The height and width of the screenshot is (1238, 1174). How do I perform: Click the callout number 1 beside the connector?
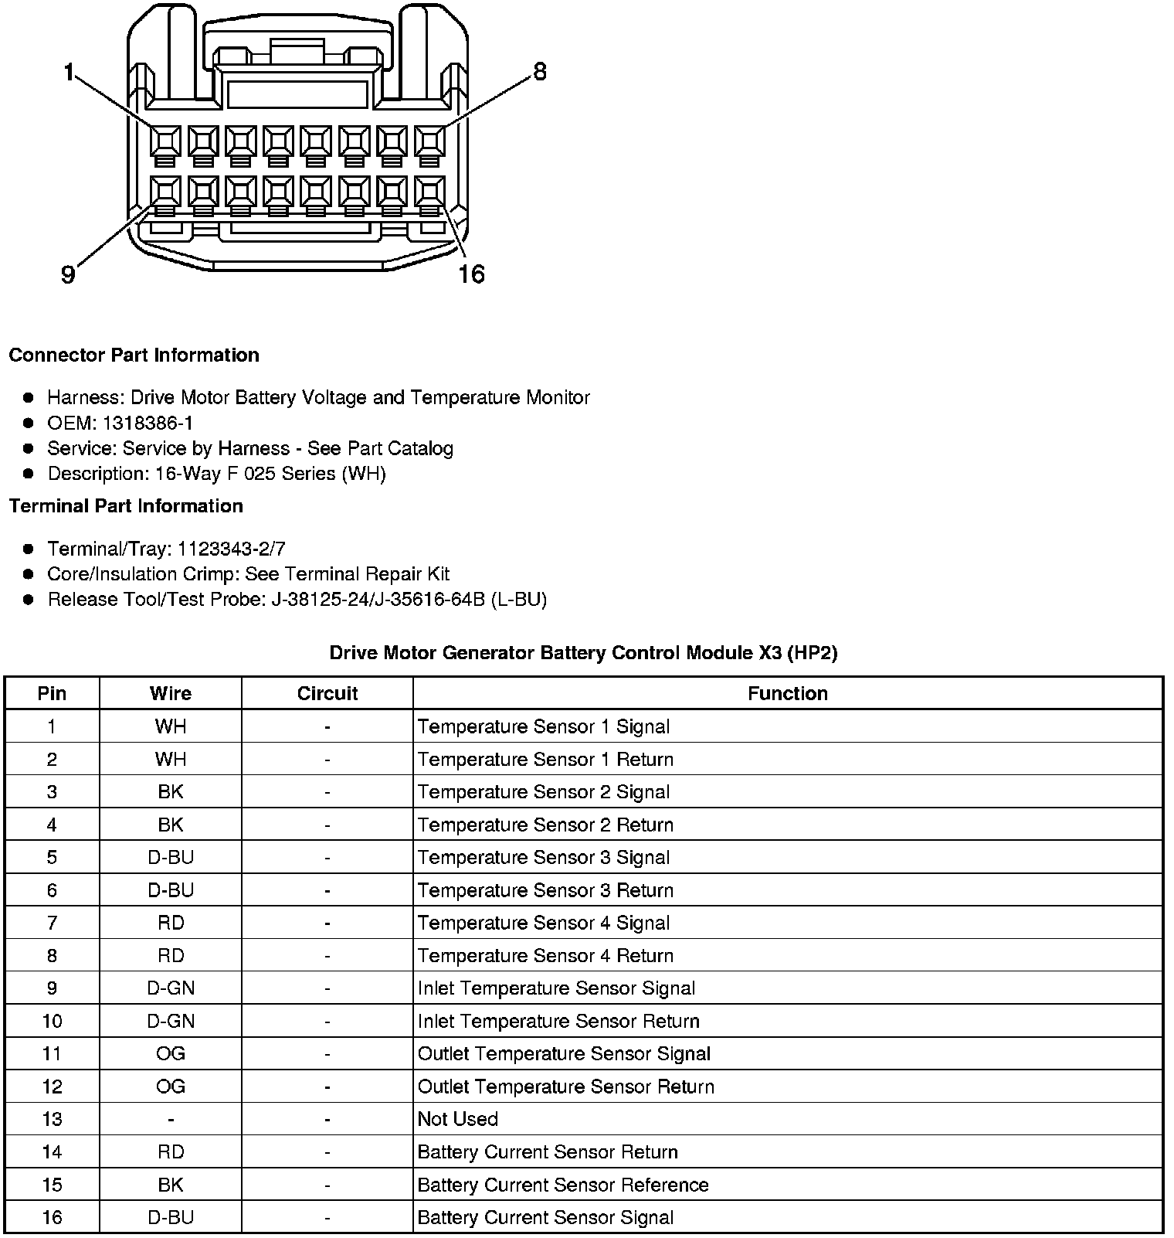[x=69, y=73]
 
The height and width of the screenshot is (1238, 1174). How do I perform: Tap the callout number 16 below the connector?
[x=471, y=274]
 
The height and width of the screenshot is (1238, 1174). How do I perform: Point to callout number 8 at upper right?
[x=540, y=72]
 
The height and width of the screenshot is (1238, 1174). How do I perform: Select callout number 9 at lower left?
[x=68, y=274]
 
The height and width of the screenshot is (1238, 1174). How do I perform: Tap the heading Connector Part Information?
[x=134, y=355]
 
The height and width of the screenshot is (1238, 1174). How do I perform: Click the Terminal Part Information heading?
[x=126, y=505]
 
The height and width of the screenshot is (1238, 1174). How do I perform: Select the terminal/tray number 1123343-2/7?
[x=231, y=549]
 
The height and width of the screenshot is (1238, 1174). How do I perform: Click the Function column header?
[x=787, y=693]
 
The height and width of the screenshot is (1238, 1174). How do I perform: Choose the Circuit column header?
[x=327, y=693]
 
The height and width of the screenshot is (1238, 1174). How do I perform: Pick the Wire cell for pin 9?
[x=171, y=988]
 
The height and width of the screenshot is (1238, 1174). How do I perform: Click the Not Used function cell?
[x=457, y=1119]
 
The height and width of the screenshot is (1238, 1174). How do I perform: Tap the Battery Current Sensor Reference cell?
[x=562, y=1185]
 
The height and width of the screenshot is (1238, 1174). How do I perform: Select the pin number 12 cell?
[x=52, y=1087]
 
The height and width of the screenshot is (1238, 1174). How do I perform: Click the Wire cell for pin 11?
[x=171, y=1054]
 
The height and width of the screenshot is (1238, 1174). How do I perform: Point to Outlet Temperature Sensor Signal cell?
[x=564, y=1054]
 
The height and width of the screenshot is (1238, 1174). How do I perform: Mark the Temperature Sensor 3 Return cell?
[x=545, y=890]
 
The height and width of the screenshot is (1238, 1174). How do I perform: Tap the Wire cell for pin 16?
[x=171, y=1218]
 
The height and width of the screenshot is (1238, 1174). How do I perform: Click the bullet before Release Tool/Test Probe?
[x=29, y=600]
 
